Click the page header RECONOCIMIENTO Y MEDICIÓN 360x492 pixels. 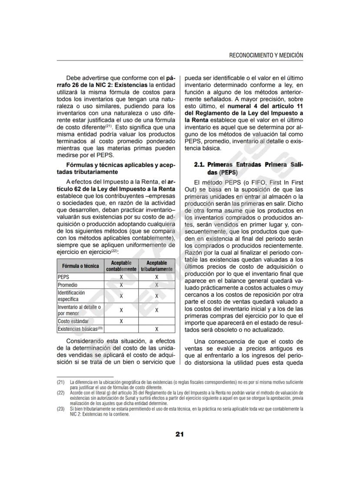click(266, 55)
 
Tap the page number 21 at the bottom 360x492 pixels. click(180, 434)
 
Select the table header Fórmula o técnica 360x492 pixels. click(80, 266)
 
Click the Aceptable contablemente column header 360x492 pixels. click(121, 266)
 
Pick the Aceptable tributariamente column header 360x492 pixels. click(157, 266)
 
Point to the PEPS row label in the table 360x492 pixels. click(63, 276)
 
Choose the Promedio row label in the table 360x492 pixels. click(67, 285)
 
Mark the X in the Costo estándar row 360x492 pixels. click(121, 321)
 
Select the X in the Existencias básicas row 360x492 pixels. click(157, 329)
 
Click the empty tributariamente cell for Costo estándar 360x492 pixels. click(157, 321)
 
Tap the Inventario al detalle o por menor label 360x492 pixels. click(79, 310)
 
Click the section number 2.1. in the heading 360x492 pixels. click(200, 165)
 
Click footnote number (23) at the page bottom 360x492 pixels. click(60, 409)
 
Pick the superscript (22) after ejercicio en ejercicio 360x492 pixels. click(114, 251)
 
